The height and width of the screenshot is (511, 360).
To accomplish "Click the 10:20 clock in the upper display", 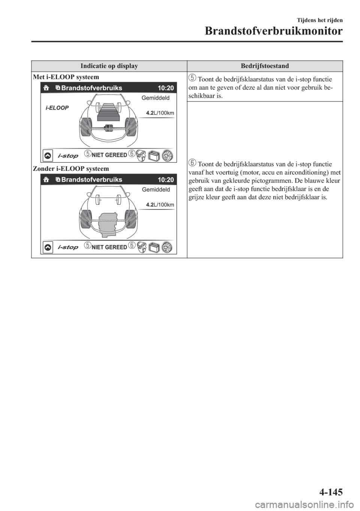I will pos(166,88).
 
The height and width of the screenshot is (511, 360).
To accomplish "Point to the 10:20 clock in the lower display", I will pos(166,180).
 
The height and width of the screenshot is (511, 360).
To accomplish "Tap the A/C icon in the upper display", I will pos(167,156).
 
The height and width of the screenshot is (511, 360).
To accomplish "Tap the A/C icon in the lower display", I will pos(167,248).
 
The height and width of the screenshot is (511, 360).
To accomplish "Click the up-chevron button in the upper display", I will pos(48,155).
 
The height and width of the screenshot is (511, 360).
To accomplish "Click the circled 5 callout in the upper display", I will pos(87,153).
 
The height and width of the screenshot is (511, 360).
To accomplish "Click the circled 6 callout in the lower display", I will pos(132,245).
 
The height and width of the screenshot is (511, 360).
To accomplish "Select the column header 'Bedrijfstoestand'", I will pos(265,66).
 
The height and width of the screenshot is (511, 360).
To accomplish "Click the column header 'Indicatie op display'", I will pos(109,66).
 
